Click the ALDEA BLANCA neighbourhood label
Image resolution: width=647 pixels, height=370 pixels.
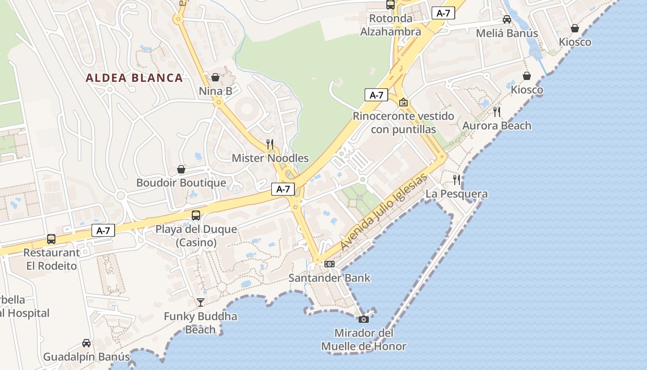134,78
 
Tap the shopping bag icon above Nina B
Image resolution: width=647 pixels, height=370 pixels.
215,77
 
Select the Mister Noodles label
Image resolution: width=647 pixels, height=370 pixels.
270,158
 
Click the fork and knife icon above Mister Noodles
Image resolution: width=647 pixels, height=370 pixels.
270,144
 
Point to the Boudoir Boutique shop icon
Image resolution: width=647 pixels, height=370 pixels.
181,169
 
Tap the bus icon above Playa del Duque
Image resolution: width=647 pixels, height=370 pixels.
196,215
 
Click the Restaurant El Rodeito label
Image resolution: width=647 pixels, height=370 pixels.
51,259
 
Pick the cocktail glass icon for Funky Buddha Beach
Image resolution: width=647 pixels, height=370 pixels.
200,302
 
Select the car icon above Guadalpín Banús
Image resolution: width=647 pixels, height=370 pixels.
86,343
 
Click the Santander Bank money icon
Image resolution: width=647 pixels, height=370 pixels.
330,264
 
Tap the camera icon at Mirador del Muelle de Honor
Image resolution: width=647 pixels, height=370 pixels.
364,319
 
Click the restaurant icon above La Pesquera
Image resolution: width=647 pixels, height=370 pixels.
457,179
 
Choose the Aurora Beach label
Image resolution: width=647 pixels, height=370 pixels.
497,126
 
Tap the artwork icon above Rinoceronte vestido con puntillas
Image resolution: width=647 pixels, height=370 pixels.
403,102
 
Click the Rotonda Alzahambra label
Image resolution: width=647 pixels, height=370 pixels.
391,25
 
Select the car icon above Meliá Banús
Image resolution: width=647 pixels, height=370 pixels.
507,19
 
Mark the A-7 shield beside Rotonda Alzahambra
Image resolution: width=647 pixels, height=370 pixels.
443,13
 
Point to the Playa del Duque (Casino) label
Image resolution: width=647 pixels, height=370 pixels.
196,236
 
